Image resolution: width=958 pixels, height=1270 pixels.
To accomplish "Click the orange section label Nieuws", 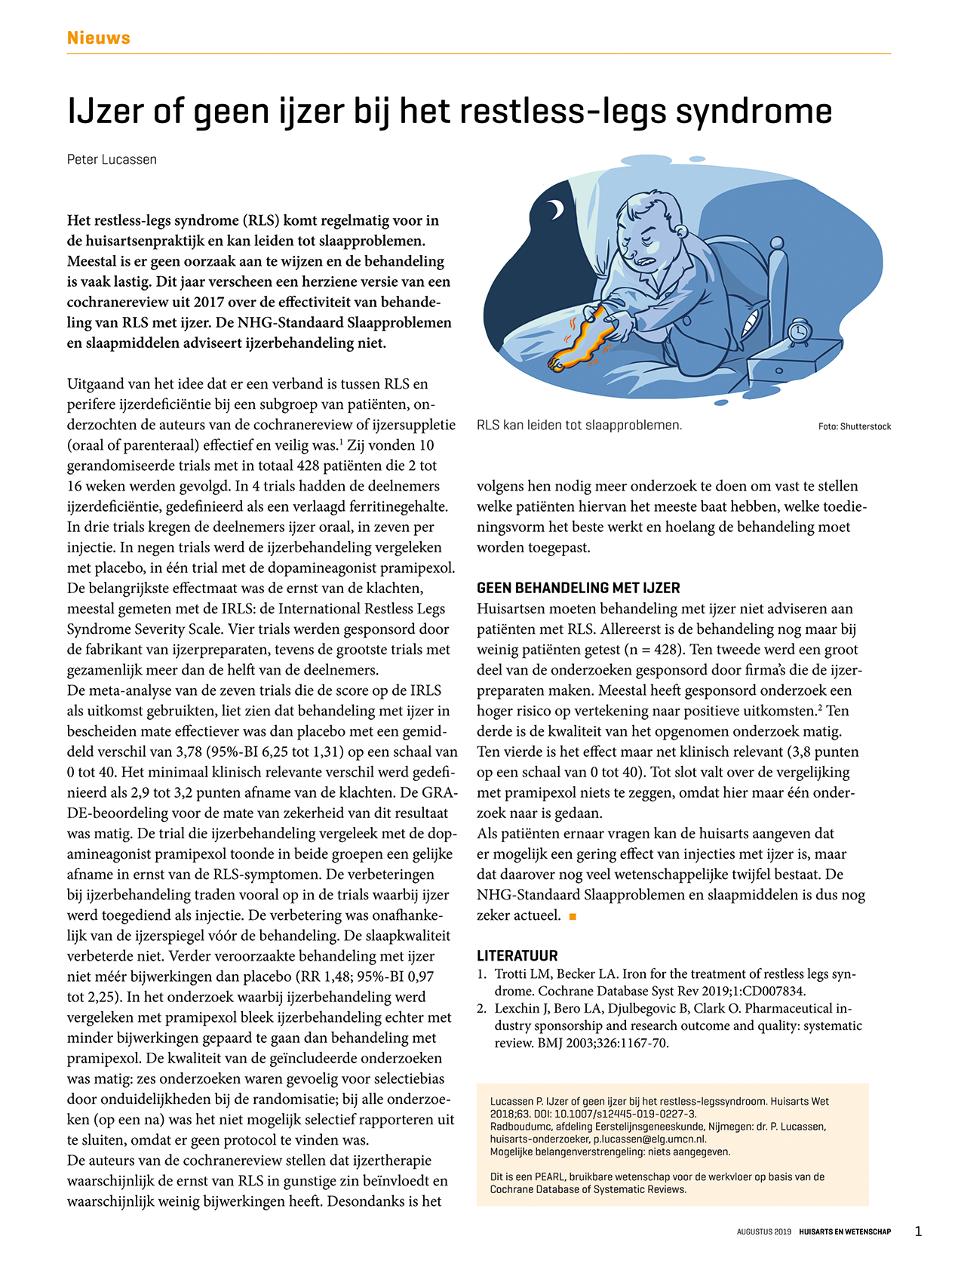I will pos(98,38).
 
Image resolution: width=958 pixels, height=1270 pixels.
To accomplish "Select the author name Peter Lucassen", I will pos(112,159).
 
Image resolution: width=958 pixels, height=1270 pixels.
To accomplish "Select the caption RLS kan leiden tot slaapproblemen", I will pos(579,425).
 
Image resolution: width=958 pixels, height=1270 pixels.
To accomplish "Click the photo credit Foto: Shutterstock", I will pos(854,426).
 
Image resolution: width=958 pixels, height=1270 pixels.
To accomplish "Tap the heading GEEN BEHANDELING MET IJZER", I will pos(578,588).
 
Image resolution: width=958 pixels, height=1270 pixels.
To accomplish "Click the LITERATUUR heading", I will pos(517,955).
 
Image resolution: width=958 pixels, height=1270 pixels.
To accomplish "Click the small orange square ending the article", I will pos(573,916).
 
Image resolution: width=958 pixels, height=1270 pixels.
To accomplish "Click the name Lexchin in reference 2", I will pos(517,1008).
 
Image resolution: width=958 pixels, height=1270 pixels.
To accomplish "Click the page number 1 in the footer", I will pos(918,1232).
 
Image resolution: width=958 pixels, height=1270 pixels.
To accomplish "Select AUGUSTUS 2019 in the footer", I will pos(763,1232).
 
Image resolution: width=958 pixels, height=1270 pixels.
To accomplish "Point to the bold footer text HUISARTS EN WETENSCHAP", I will pos(845,1232).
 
